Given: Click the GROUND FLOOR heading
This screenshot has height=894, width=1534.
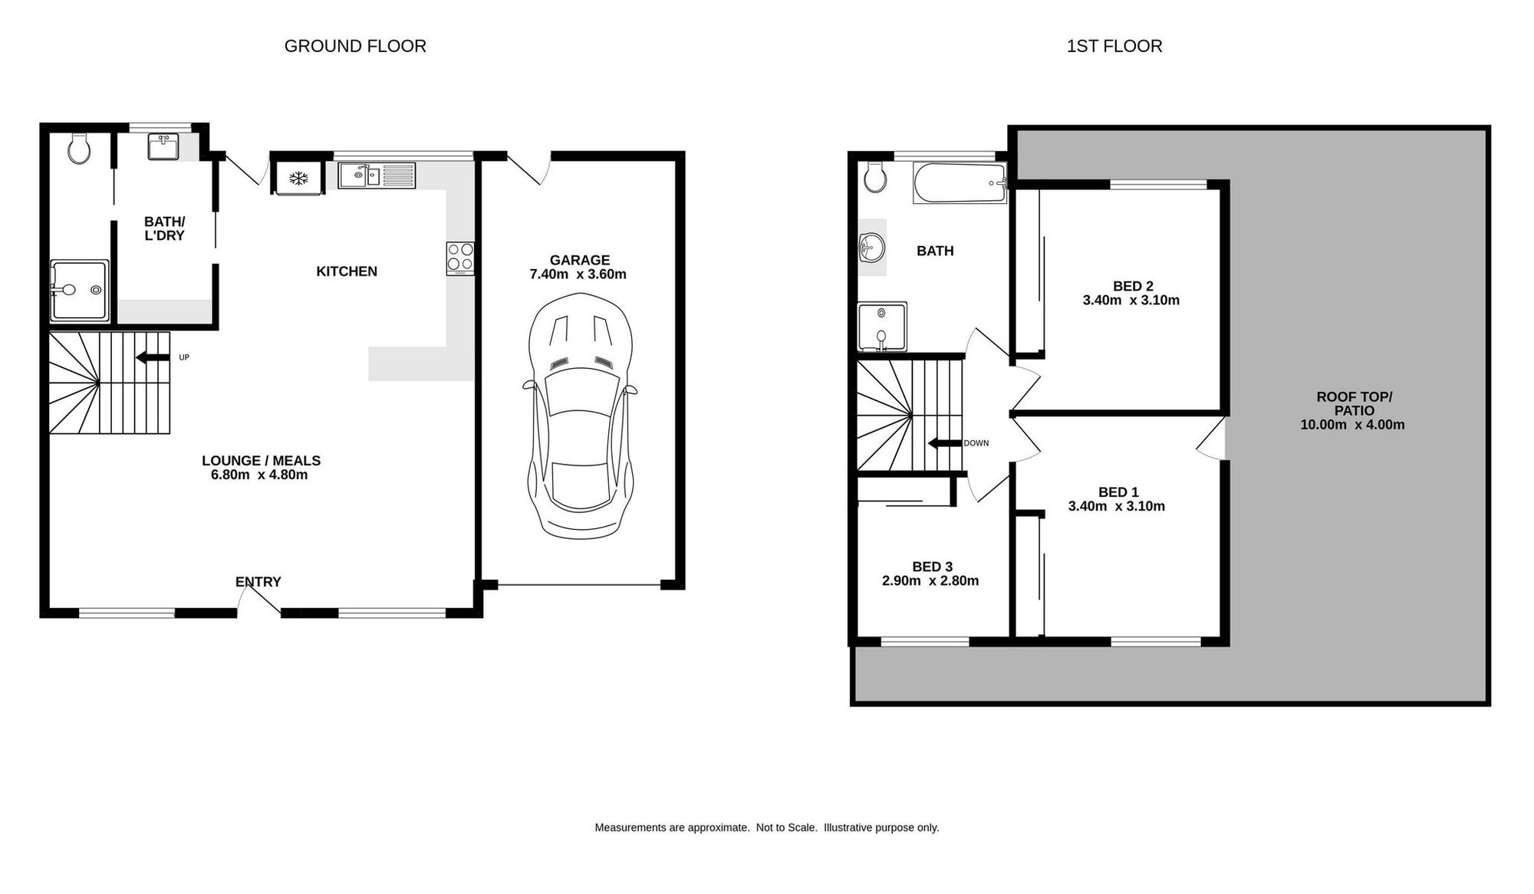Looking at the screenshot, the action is pyautogui.click(x=355, y=46).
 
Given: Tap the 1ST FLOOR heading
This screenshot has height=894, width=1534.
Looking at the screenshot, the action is pyautogui.click(x=1114, y=46).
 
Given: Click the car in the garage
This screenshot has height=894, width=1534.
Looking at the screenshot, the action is pyautogui.click(x=580, y=415).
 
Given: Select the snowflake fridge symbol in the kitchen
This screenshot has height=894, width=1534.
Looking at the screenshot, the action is pyautogui.click(x=298, y=179).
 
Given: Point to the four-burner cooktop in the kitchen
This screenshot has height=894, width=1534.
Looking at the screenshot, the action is pyautogui.click(x=460, y=258).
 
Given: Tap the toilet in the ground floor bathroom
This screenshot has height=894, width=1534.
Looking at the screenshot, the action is pyautogui.click(x=79, y=149).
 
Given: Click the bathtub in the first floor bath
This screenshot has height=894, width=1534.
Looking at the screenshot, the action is pyautogui.click(x=960, y=183).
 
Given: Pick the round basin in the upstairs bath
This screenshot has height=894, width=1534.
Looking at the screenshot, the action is pyautogui.click(x=871, y=248).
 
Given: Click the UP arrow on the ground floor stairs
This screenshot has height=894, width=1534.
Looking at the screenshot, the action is pyautogui.click(x=153, y=357).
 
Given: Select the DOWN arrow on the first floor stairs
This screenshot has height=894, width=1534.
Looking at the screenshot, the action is pyautogui.click(x=944, y=443).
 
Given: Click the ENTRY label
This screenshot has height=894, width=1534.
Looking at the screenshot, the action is pyautogui.click(x=258, y=582).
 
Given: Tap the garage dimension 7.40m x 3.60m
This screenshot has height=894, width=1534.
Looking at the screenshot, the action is pyautogui.click(x=578, y=274).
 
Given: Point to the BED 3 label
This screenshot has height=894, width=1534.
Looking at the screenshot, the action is pyautogui.click(x=933, y=567).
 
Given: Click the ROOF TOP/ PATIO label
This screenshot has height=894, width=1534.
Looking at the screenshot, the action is pyautogui.click(x=1354, y=403).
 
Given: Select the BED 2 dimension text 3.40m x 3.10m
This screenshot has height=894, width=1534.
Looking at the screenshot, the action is pyautogui.click(x=1131, y=301).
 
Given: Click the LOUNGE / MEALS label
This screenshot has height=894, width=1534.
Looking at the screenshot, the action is pyautogui.click(x=261, y=461).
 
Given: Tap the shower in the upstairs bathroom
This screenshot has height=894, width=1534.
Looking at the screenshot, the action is pyautogui.click(x=882, y=326).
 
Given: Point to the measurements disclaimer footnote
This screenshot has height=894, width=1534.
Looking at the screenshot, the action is pyautogui.click(x=767, y=828).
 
